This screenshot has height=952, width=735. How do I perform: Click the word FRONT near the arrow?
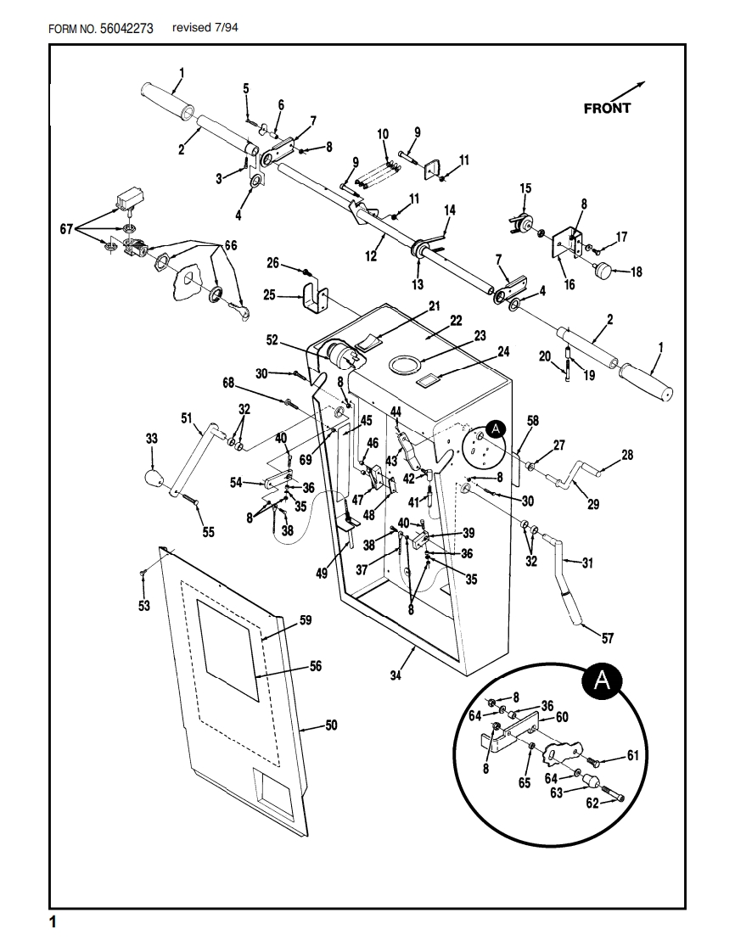click(x=607, y=109)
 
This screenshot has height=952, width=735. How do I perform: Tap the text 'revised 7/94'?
click(x=205, y=27)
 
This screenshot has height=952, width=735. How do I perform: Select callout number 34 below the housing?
click(x=396, y=675)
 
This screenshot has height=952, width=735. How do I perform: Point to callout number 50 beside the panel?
click(x=331, y=725)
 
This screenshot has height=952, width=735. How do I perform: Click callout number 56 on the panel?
click(x=315, y=666)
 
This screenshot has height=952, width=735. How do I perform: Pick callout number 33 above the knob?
click(x=152, y=439)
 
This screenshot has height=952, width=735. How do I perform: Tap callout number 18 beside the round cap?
click(x=636, y=272)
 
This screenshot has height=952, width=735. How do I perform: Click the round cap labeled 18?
click(x=604, y=272)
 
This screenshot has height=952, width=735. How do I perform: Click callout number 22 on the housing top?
click(x=456, y=320)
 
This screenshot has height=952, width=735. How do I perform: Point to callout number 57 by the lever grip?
click(x=608, y=638)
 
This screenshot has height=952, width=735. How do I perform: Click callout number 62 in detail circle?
click(x=592, y=802)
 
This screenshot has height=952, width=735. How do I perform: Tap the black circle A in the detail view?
click(x=600, y=680)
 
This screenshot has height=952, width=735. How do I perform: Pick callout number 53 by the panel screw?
click(x=143, y=605)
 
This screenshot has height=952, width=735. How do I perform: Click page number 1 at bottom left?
click(x=53, y=921)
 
